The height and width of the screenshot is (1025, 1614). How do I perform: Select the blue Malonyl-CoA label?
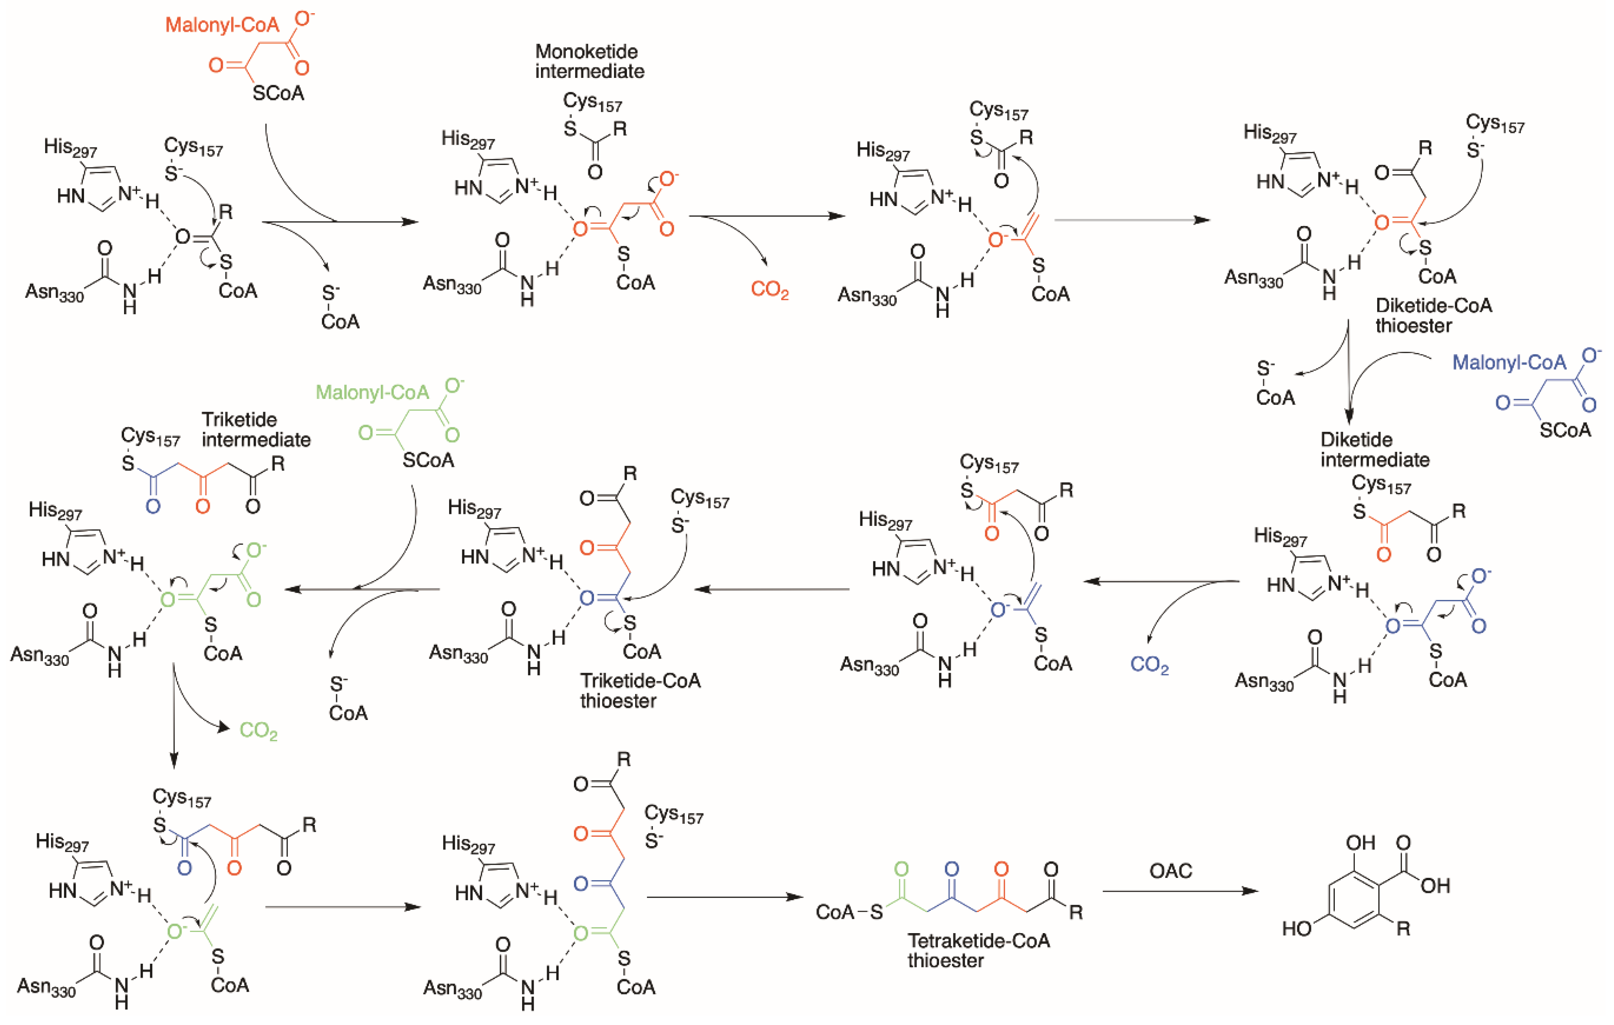pos(1509,363)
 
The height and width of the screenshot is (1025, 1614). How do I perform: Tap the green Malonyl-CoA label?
pos(372,392)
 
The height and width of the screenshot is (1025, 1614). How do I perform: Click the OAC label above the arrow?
pos(1171,870)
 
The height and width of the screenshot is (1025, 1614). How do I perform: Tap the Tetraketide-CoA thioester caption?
pos(979,950)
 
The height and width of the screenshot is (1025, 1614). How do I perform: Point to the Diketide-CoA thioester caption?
pos(1434,315)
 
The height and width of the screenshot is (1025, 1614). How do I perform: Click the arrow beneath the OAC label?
pos(1180,891)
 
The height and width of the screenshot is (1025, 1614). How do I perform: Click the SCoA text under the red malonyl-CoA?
pos(278,93)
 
